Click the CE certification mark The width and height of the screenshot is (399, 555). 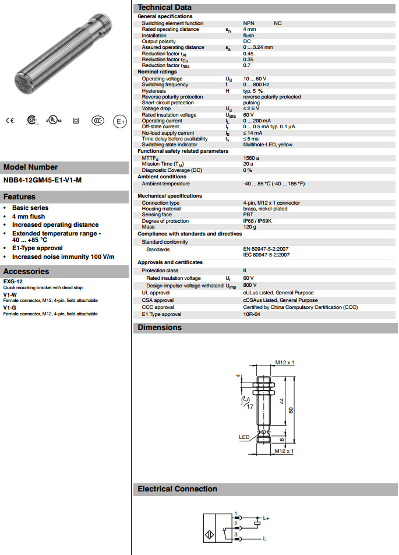(9, 121)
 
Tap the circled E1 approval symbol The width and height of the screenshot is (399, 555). (119, 121)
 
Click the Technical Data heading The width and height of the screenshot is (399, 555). (164, 7)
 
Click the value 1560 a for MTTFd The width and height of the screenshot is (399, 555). (251, 157)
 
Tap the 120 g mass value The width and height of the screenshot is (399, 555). (249, 227)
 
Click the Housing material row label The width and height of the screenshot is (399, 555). (161, 209)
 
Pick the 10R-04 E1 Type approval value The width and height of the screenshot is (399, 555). (252, 314)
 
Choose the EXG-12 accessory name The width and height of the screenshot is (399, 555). (13, 282)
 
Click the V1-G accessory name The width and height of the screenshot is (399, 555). (9, 307)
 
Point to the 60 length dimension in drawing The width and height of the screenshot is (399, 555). (291, 410)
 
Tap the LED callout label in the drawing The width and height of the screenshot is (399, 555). (244, 437)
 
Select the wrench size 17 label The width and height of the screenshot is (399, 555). (250, 406)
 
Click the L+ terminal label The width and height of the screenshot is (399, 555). (266, 518)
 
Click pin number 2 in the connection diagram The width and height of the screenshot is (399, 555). (236, 523)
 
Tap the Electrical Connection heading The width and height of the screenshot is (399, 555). (177, 489)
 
